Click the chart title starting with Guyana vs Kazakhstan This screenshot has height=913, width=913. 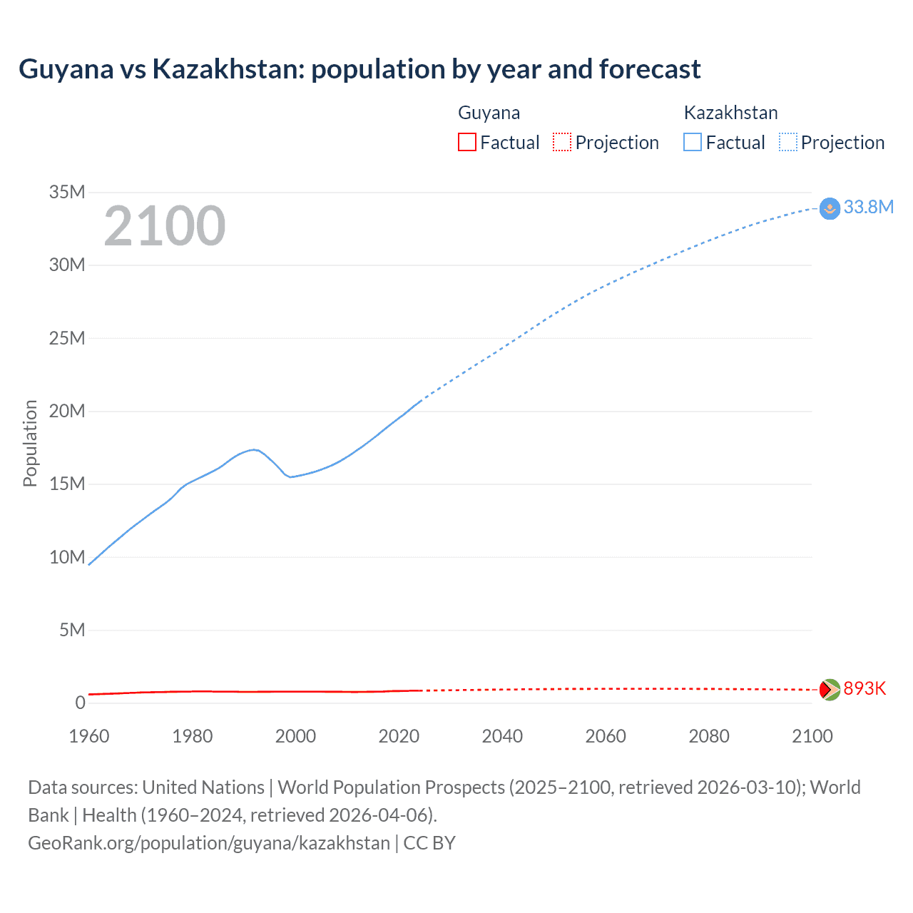[359, 69]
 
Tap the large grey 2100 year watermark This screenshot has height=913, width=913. [165, 226]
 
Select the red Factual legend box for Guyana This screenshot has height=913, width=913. [466, 143]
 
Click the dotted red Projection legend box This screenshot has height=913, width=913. [562, 143]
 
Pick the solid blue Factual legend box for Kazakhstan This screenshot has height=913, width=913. [692, 143]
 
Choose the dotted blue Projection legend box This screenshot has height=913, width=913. [787, 143]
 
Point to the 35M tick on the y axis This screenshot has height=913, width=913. [67, 192]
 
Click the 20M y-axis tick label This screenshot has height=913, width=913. [67, 411]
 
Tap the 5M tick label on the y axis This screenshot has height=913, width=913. [72, 630]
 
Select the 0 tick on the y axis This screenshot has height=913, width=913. [80, 703]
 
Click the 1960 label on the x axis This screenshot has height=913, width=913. [89, 736]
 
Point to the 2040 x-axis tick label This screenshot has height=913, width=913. [502, 736]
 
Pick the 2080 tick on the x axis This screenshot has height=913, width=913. [709, 736]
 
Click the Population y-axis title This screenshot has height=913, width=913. [30, 443]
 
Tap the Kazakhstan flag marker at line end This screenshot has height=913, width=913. [830, 208]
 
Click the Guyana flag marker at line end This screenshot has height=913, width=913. [830, 690]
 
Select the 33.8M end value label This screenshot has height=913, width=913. [868, 207]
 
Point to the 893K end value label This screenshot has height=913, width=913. [864, 688]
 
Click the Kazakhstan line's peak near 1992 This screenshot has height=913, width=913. [254, 449]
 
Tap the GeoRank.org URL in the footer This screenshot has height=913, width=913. [209, 843]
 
